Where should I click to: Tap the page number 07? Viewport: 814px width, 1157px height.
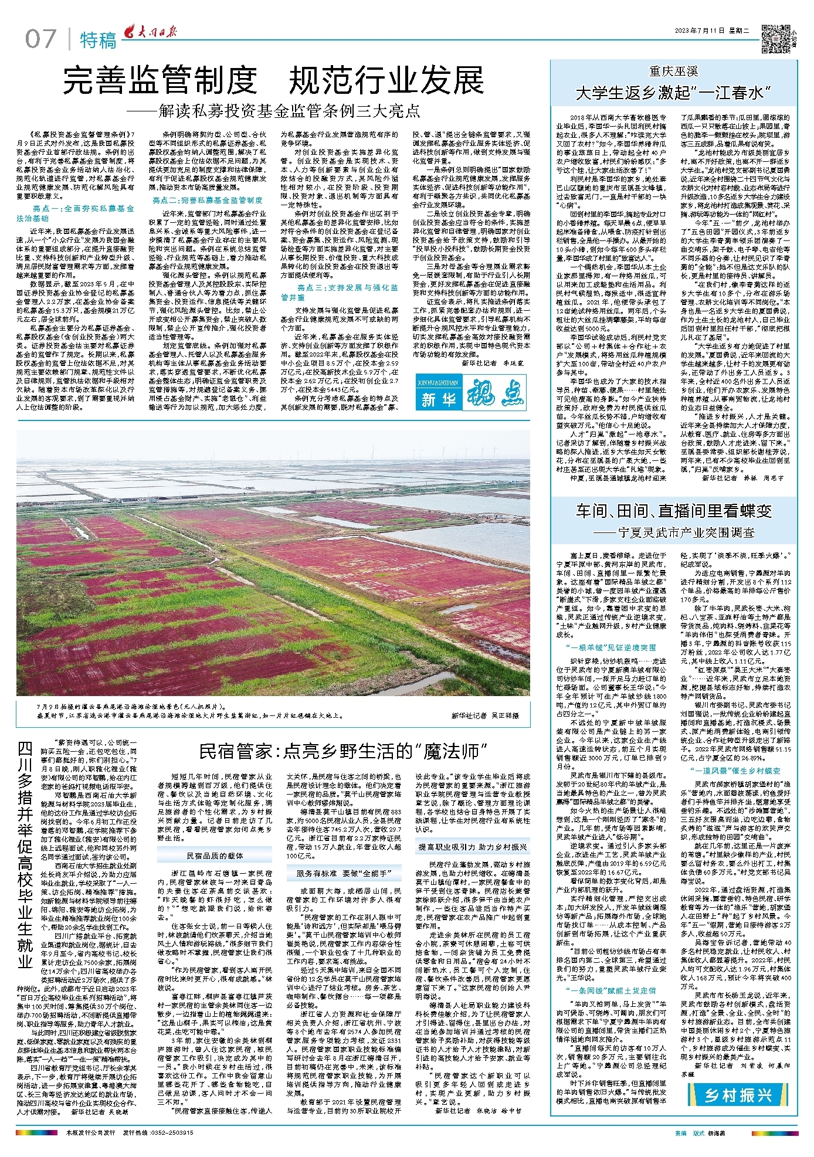point(40,40)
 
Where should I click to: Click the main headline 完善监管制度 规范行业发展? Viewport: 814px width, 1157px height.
point(273,81)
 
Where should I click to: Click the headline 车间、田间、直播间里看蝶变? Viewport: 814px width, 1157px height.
point(674,511)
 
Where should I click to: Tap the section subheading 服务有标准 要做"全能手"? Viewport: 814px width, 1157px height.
point(344,873)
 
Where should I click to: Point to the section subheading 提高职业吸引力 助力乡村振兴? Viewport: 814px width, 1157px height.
point(473,847)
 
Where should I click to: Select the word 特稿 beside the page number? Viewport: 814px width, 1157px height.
point(98,40)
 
